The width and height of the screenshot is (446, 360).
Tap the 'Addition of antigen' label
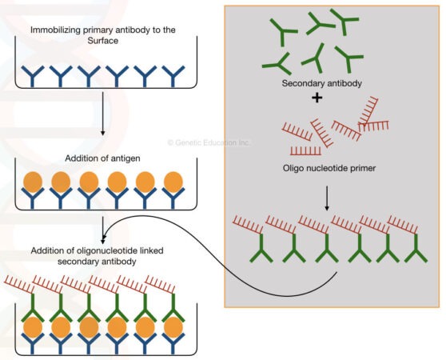pos(102,157)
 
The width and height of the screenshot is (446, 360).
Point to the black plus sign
pos(317,98)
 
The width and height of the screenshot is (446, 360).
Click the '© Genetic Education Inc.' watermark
pos(209,142)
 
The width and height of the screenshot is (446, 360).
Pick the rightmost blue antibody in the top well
pos(172,75)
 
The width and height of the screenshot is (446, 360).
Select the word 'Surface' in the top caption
pos(102,42)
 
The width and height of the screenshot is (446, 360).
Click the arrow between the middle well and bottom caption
pos(102,226)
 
